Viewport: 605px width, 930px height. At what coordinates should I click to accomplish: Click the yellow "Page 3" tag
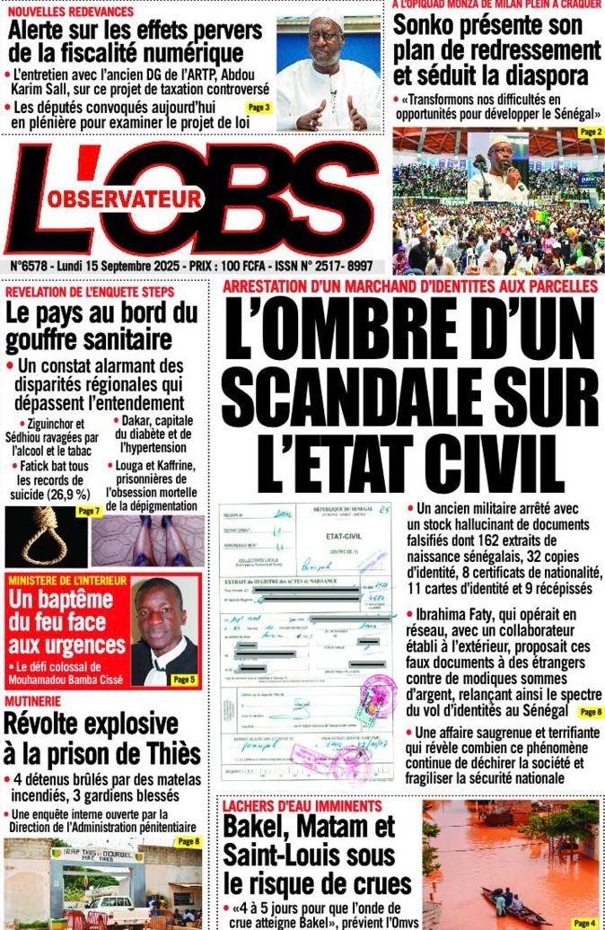pos(259,108)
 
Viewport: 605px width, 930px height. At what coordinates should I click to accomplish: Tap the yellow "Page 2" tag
pos(591,132)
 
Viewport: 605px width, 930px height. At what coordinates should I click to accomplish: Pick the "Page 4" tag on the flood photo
pos(583,922)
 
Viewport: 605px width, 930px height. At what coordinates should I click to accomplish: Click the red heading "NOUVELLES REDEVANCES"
pos(70,12)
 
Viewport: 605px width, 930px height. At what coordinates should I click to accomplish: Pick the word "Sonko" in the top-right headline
pos(428,26)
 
